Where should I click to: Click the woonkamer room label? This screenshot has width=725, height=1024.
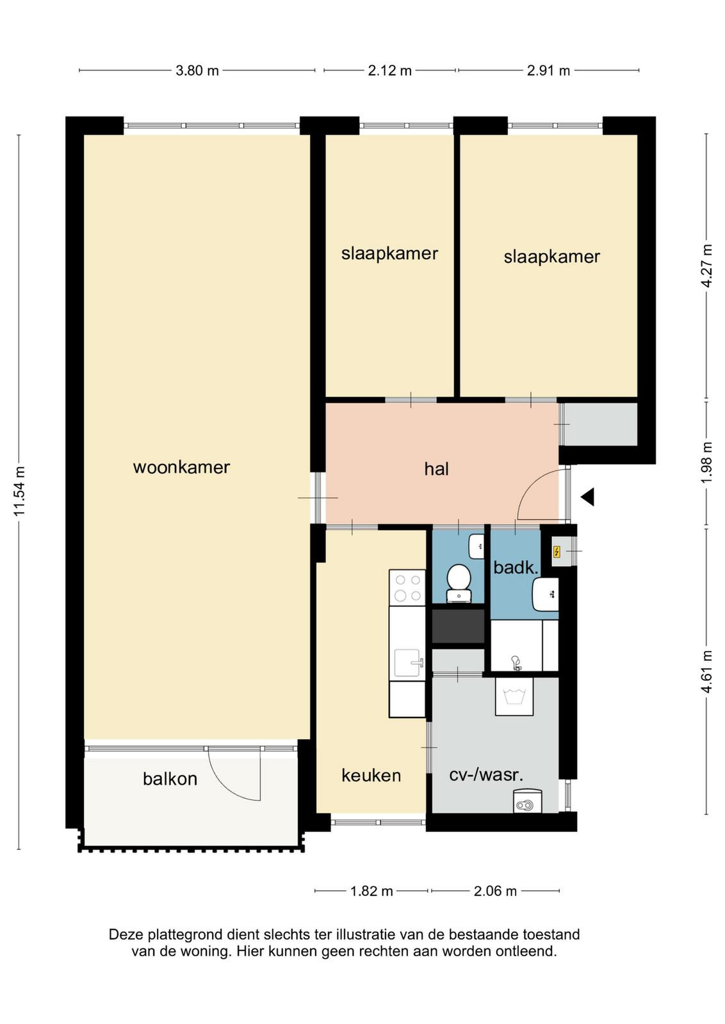click(x=181, y=467)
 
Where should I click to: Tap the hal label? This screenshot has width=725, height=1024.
click(x=436, y=469)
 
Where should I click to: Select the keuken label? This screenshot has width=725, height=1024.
click(x=371, y=775)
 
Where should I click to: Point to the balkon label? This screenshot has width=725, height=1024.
click(x=170, y=778)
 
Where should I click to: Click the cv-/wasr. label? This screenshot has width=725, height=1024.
click(x=486, y=775)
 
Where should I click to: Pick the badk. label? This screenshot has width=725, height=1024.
click(x=516, y=568)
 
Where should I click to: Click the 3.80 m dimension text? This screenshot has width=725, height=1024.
click(x=197, y=71)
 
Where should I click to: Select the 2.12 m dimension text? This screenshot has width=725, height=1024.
click(x=389, y=71)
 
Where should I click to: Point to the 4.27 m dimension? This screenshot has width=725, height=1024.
click(x=706, y=266)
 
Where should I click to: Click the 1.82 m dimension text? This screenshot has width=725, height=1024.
click(x=371, y=891)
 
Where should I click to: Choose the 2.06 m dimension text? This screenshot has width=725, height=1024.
click(x=495, y=891)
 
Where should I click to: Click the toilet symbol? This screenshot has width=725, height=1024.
click(x=458, y=584)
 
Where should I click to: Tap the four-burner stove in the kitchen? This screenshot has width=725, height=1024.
click(x=407, y=588)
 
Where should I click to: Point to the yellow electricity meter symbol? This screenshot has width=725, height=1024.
click(x=556, y=552)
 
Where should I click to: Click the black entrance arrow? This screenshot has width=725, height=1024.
click(x=588, y=497)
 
